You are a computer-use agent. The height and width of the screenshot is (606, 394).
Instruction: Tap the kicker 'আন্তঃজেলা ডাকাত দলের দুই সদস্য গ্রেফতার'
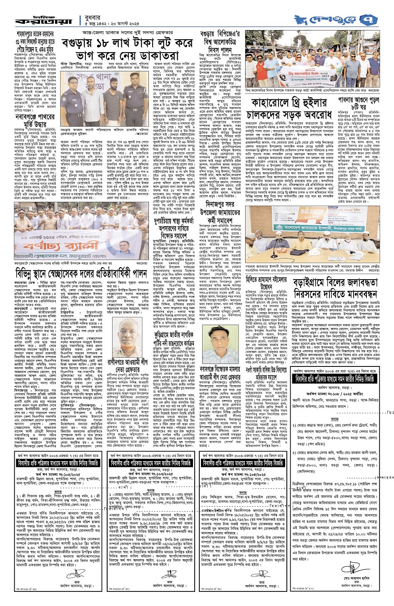pyautogui.click(x=125, y=30)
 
